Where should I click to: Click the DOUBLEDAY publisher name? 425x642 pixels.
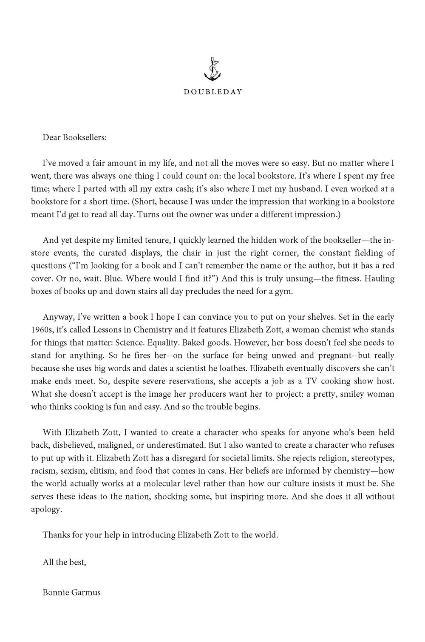212,92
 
